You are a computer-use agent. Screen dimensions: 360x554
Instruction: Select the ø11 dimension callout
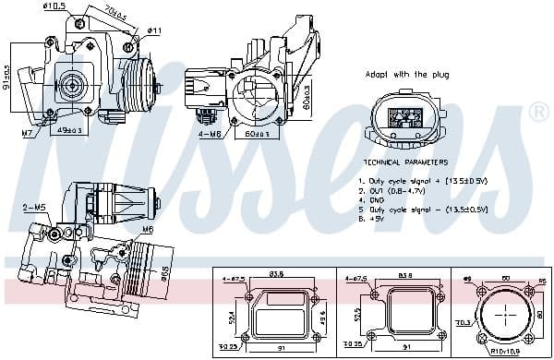pyautogui.click(x=155, y=30)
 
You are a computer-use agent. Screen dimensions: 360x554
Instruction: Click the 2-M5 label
pyautogui.click(x=35, y=208)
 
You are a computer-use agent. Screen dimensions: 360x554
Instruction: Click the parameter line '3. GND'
pyautogui.click(x=375, y=199)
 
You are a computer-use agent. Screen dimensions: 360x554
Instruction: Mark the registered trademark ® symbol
pyautogui.click(x=538, y=113)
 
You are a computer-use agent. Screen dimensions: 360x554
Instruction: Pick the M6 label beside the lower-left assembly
pyautogui.click(x=147, y=229)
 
